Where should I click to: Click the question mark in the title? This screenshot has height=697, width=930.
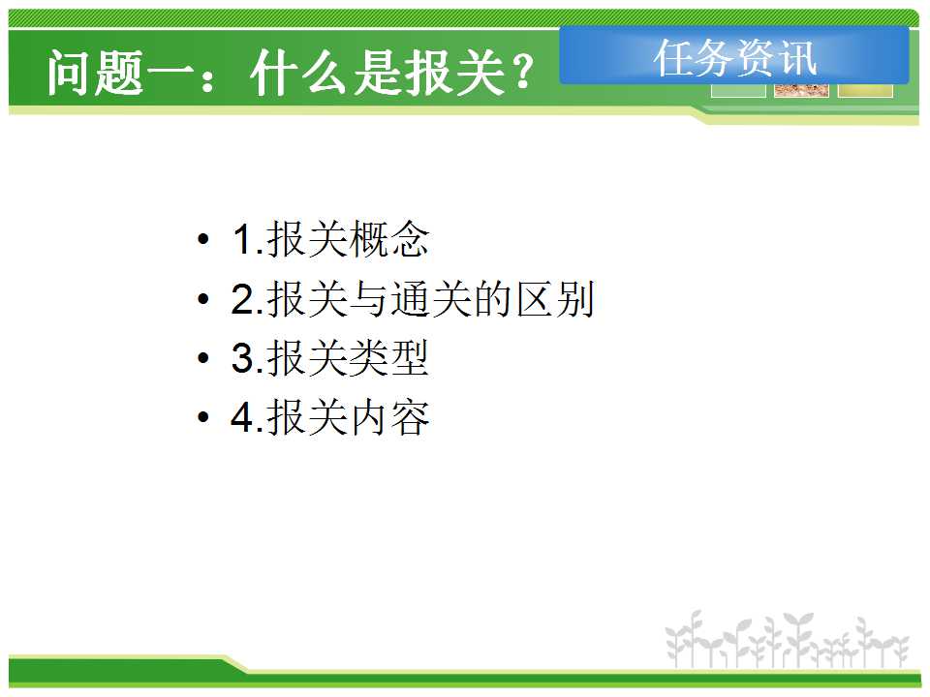point(523,73)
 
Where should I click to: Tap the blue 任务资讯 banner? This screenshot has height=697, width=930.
point(734,55)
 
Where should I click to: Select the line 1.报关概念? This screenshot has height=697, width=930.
point(330,239)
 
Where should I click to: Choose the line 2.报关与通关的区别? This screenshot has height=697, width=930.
point(413,299)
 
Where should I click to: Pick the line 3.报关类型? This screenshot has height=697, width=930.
point(329,358)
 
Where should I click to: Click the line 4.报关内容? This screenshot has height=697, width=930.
point(329,417)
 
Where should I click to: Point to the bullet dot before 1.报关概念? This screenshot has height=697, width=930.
point(203,239)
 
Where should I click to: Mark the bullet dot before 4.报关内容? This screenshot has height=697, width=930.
point(203,417)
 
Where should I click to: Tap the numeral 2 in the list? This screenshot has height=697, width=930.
point(243,299)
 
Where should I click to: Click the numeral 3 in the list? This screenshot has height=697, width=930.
point(243,358)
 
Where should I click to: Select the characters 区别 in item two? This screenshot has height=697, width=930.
point(554,299)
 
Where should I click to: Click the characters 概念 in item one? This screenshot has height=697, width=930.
point(388,239)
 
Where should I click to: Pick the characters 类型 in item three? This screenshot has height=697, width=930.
point(388,358)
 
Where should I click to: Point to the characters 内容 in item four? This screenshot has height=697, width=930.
point(388,417)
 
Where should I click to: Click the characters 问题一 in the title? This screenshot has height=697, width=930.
point(121,73)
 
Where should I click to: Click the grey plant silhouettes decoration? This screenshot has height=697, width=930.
point(787,639)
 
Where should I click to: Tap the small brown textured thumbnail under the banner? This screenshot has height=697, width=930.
point(801,91)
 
